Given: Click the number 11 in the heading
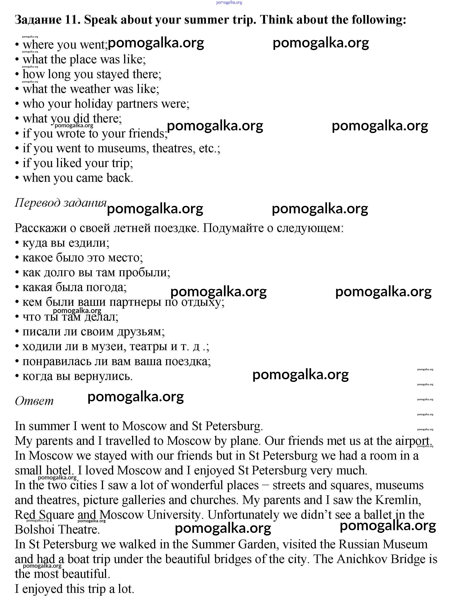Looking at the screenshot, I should click(72, 20).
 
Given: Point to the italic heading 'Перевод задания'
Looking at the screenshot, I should click(60, 203).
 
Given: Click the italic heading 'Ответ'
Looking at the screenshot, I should click(34, 401).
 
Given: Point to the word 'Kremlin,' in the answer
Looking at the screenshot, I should click(398, 500).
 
